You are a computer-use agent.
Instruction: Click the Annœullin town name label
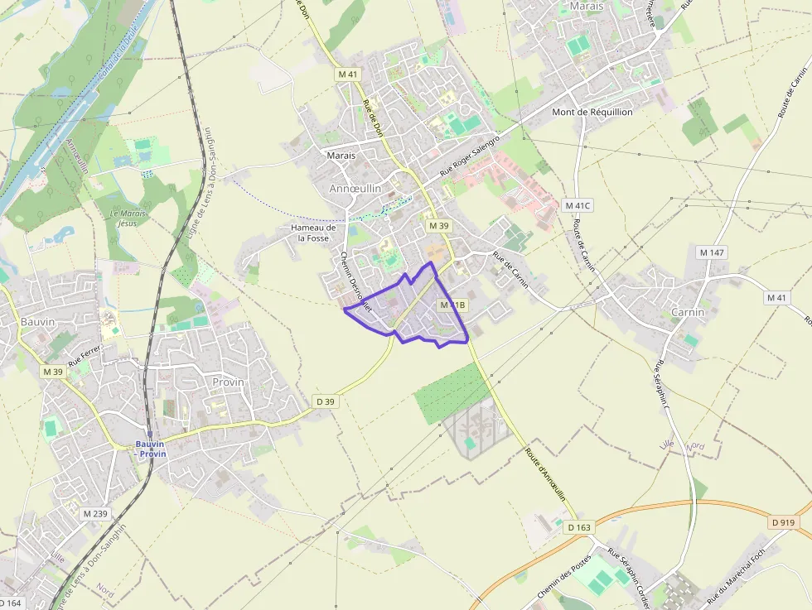tap(355, 189)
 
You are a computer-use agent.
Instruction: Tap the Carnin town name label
tap(688, 312)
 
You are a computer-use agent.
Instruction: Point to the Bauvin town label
tap(16, 321)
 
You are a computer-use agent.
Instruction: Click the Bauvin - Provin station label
tap(152, 449)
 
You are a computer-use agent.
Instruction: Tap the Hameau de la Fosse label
tap(313, 233)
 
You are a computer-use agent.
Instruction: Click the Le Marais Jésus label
tap(128, 218)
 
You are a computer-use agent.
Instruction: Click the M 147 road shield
tap(712, 252)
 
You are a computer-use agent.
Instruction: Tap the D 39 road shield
tap(325, 401)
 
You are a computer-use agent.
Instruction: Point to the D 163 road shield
tap(580, 526)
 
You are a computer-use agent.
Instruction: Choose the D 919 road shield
tap(782, 522)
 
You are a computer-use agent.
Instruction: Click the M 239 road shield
tap(95, 514)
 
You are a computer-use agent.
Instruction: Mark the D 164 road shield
tap(11, 603)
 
